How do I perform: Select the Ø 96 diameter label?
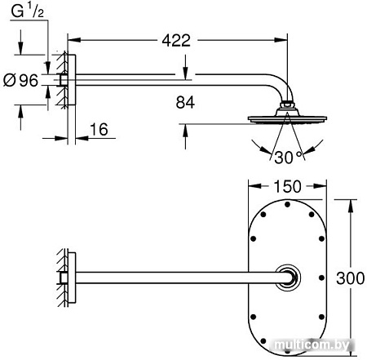coord(23,80)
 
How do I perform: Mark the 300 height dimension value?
coord(348,278)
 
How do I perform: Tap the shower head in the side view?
coord(285,118)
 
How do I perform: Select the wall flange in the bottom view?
coord(71,278)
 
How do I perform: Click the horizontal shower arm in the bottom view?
coord(175,278)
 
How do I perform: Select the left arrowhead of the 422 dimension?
coord(70,39)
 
